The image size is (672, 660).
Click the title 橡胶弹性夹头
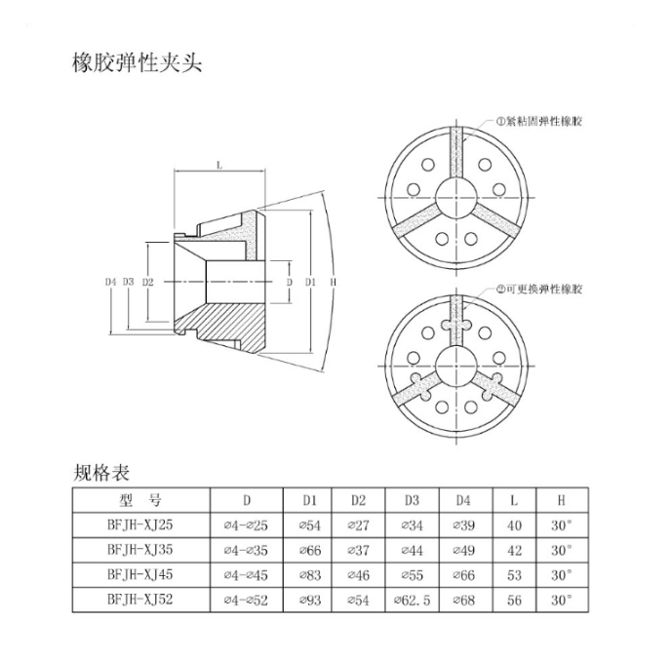(x=138, y=63)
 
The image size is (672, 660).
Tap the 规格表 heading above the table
(x=101, y=473)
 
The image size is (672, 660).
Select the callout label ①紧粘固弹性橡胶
(x=539, y=121)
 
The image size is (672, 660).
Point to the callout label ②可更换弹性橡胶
(x=539, y=290)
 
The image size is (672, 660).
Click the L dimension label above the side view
(x=219, y=166)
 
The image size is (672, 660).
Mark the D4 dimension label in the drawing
(x=110, y=282)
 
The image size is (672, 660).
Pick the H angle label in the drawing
(x=334, y=282)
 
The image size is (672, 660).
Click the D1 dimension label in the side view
(x=310, y=282)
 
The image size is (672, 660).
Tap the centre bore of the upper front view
(x=456, y=198)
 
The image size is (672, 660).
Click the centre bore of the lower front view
(x=456, y=367)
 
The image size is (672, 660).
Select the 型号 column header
(x=140, y=500)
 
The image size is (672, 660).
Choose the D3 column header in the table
(x=412, y=500)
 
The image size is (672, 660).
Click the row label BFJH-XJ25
(x=140, y=525)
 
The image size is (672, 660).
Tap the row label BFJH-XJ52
(x=140, y=600)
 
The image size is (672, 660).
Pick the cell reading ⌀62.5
(x=412, y=600)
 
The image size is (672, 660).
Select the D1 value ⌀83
(x=309, y=575)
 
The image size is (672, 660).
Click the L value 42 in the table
(x=514, y=551)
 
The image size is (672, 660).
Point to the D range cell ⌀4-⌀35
(x=246, y=551)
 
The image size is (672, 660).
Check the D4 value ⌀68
(x=463, y=600)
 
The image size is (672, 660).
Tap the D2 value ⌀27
(x=359, y=525)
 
